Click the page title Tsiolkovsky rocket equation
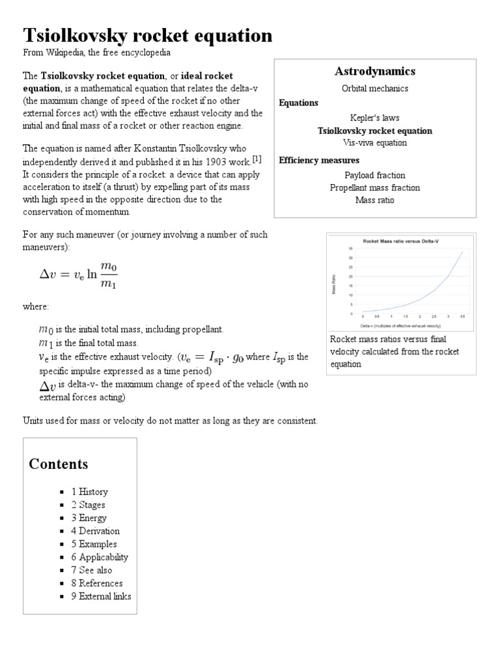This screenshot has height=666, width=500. [148, 35]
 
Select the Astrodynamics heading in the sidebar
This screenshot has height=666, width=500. [374, 71]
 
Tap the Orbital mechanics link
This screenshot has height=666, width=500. [374, 88]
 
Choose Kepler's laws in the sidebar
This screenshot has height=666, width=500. [374, 118]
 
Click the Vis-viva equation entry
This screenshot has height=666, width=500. [374, 142]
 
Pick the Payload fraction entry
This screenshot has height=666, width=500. [374, 175]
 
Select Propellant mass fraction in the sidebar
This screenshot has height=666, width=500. [374, 187]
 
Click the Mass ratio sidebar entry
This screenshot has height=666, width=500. [374, 200]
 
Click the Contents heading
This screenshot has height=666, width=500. [59, 464]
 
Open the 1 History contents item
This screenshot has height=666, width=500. [89, 492]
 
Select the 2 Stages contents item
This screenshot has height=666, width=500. [88, 505]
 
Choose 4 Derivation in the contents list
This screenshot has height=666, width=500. [95, 531]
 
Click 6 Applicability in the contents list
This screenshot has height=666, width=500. [100, 557]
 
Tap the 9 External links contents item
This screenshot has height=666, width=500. [101, 596]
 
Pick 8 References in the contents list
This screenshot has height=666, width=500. [96, 583]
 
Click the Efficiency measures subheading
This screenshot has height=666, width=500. [319, 160]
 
